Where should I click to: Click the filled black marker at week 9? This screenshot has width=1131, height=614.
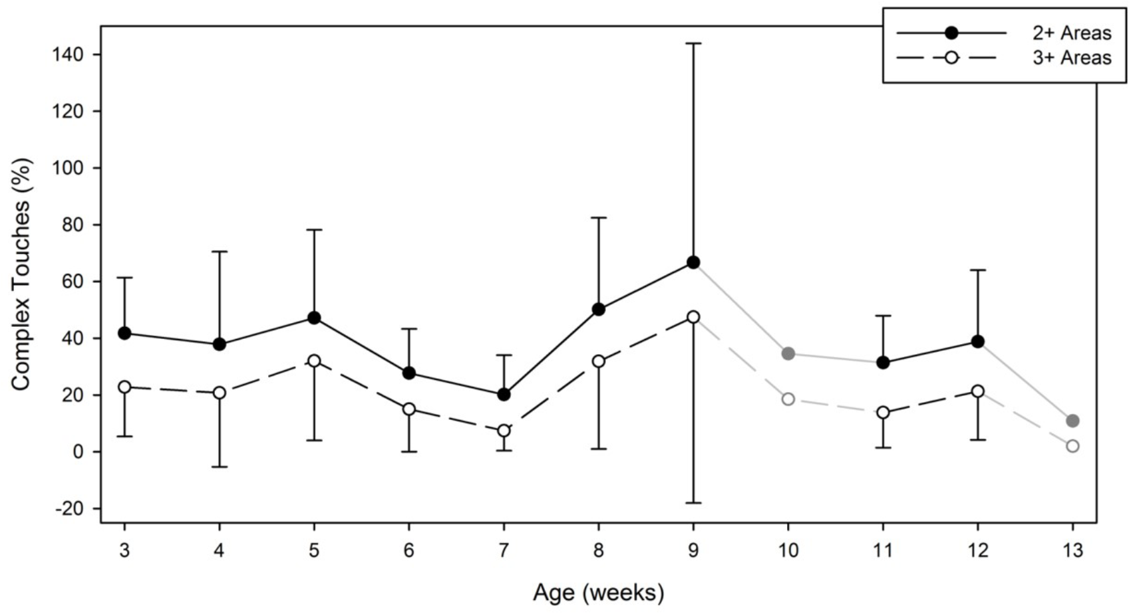[693, 262]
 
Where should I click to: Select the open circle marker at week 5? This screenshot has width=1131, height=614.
[314, 361]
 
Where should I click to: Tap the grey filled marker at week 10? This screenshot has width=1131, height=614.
[788, 354]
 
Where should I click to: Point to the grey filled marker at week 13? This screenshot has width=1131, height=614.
[1072, 421]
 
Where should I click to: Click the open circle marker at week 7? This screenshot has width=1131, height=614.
[504, 431]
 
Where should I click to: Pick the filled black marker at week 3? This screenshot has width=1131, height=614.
[124, 333]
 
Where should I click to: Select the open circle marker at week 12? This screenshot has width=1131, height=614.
[978, 391]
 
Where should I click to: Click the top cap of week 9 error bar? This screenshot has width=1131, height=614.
[693, 43]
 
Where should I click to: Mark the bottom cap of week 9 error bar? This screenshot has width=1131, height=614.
[693, 503]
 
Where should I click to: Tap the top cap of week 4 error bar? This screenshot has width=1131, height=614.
[220, 251]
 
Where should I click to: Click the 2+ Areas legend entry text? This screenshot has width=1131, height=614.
[1071, 33]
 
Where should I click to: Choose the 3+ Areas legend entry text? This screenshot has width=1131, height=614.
[1071, 58]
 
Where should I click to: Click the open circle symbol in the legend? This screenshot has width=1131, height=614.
[951, 58]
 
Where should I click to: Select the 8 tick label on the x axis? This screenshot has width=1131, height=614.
[599, 550]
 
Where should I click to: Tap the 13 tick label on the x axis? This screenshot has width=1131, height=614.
[1072, 550]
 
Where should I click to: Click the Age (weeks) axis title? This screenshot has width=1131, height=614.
[598, 592]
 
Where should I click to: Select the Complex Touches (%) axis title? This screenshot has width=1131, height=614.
[21, 274]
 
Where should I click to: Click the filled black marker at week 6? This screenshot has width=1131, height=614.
[409, 373]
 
